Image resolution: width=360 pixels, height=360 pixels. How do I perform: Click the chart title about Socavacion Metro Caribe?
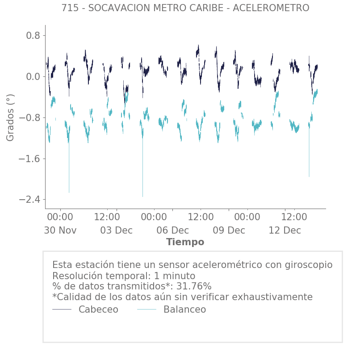[x=185, y=8]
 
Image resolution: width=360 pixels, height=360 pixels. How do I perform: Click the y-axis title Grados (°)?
[x=10, y=117]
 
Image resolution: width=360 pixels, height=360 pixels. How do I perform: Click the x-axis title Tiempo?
[x=185, y=242]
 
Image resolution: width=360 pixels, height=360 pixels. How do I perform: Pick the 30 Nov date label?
[x=60, y=230]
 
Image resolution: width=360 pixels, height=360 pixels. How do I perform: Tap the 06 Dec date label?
[x=172, y=230]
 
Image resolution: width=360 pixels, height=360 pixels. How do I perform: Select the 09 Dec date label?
[x=229, y=230]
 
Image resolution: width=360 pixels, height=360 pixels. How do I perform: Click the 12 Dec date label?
[x=285, y=230]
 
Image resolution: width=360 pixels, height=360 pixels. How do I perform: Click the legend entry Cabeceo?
[x=98, y=310]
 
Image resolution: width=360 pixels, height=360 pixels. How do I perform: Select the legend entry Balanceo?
[x=184, y=310]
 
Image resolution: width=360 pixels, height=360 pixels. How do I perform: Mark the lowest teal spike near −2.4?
[x=142, y=196]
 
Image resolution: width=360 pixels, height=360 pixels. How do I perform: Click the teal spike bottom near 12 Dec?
[x=309, y=176]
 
